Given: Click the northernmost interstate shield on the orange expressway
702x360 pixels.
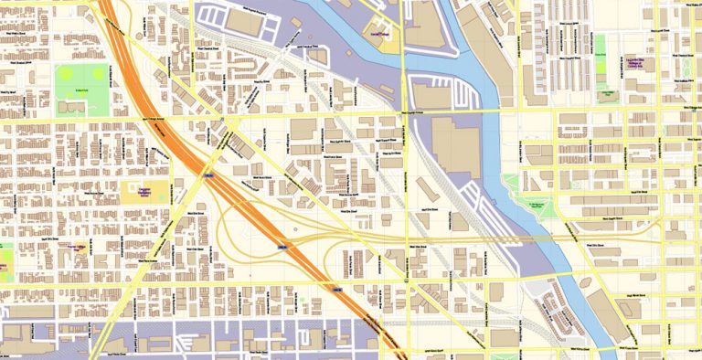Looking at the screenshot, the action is coord(208,175).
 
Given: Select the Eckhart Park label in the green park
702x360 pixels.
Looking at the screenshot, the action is coord(80,90).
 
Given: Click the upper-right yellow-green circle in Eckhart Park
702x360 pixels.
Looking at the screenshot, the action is coord(94,74).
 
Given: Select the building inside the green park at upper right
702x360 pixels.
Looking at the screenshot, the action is coord(604,94).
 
